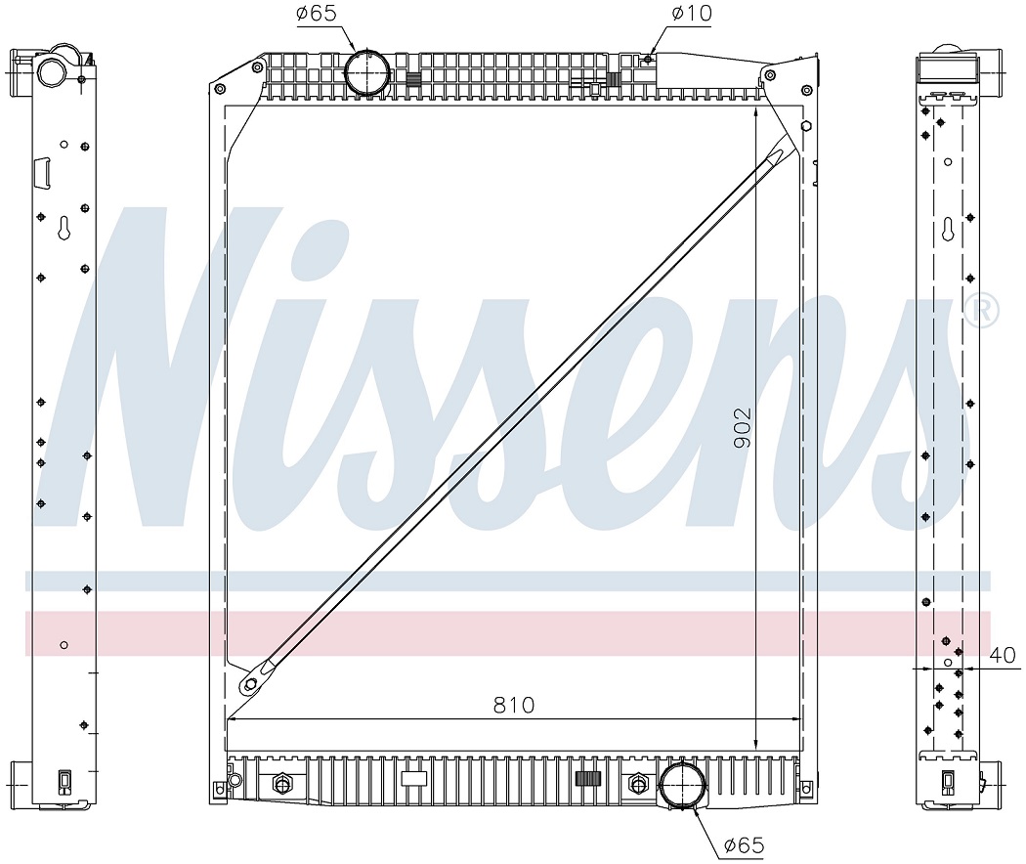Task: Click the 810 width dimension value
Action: point(514,705)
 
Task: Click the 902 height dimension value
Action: point(743,428)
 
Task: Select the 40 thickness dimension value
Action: point(1002,655)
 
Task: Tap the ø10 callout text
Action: point(691,13)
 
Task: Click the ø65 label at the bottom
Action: point(744,845)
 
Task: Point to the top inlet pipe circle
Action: point(367,72)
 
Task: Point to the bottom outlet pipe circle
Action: point(682,785)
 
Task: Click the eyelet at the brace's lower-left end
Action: point(250,685)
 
